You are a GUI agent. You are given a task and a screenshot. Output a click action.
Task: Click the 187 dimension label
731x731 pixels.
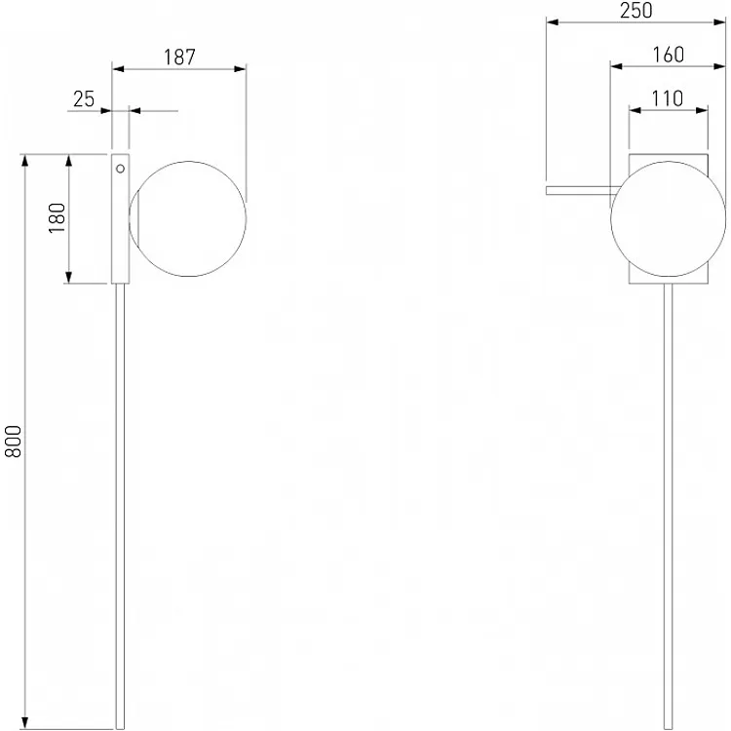179,57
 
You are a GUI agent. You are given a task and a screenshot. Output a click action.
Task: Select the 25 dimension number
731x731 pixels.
84,98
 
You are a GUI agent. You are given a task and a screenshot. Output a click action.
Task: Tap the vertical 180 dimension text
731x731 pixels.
58,218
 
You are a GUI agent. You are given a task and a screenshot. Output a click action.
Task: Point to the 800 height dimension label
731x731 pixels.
13,441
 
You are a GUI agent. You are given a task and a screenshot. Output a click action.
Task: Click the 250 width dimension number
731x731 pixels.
635,11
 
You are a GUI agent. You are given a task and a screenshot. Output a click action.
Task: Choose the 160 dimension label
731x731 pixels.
668,55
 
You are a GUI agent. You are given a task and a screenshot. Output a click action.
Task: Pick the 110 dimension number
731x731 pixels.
667,98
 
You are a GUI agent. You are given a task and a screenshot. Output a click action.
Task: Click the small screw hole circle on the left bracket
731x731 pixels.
120,169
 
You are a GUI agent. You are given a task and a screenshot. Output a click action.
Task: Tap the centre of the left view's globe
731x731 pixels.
188,219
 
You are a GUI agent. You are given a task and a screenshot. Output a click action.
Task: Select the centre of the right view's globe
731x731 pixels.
668,219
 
